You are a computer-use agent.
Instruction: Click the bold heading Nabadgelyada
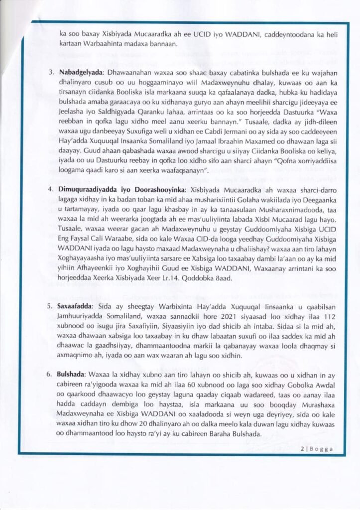click(81, 72)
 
